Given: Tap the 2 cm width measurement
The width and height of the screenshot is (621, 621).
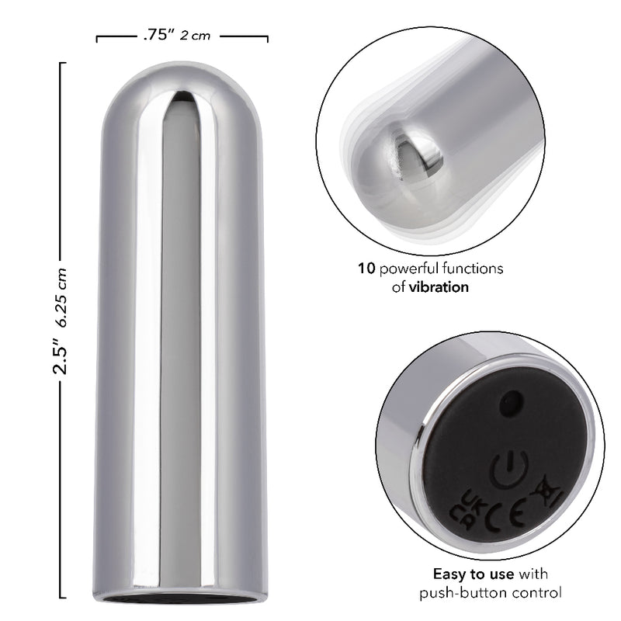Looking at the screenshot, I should coord(195,36).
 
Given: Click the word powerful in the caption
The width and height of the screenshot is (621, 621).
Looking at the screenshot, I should coord(408,269).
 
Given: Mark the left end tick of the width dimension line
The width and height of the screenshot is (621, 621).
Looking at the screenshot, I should coord(97,36).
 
